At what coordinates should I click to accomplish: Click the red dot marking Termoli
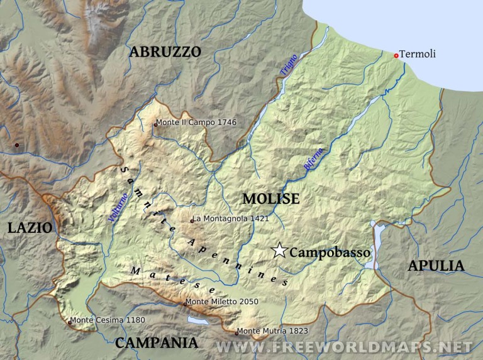(x=396, y=55)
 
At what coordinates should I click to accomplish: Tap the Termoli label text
(x=418, y=55)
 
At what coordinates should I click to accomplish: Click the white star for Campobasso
(x=279, y=251)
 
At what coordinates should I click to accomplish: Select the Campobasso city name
(x=330, y=252)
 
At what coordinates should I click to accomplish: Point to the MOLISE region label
(x=271, y=199)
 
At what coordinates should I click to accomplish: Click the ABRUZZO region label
(x=165, y=52)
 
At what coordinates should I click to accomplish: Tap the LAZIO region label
(x=30, y=228)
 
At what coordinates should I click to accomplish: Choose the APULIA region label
(x=436, y=266)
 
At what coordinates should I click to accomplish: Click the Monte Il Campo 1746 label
(x=196, y=122)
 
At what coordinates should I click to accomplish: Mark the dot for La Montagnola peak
(x=192, y=221)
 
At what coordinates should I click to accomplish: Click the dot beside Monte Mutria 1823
(x=237, y=332)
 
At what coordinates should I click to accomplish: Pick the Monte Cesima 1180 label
(x=108, y=320)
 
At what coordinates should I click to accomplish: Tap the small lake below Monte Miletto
(x=197, y=320)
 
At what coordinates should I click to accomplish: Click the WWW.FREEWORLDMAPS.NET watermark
(x=343, y=347)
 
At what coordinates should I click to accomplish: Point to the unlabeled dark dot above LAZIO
(x=17, y=145)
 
